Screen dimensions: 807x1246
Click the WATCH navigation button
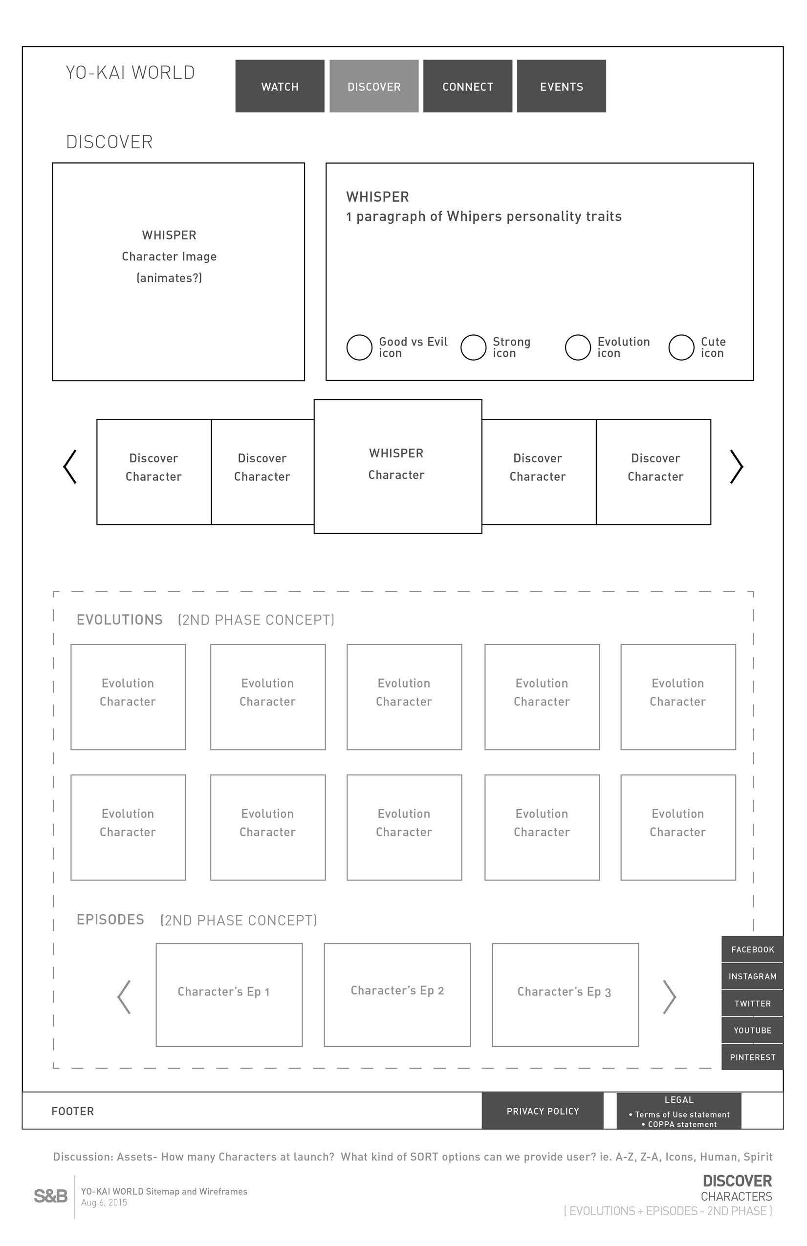coord(280,86)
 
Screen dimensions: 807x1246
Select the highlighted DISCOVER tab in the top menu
coord(374,86)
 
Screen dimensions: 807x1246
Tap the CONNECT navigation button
coord(468,86)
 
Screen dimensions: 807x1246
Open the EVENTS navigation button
coord(562,86)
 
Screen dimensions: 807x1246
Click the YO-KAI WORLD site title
coord(131,72)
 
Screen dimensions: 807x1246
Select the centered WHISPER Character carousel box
coord(397,466)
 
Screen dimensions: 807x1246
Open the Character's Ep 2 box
coord(397,994)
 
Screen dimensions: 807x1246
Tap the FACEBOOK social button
coord(752,949)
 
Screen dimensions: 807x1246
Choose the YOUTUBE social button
coord(752,1030)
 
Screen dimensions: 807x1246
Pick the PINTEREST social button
coord(752,1057)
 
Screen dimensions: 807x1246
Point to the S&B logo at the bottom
coord(51,1196)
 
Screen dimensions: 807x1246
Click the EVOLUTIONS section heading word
coord(119,620)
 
